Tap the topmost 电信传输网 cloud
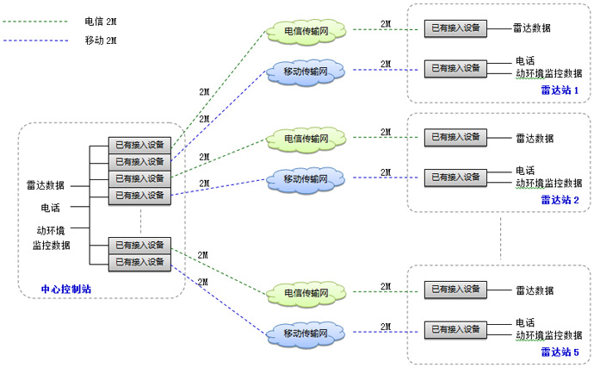[x=306, y=32]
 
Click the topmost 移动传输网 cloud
[x=306, y=69]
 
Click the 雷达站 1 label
[x=560, y=90]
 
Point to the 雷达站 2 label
[x=560, y=199]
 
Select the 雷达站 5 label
[x=560, y=352]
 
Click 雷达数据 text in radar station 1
[x=533, y=28]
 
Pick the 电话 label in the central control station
[x=51, y=207]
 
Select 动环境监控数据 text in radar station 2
[x=548, y=183]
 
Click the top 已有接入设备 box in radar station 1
[x=455, y=28]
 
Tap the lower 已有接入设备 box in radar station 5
[x=455, y=328]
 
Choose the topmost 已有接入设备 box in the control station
[x=139, y=144]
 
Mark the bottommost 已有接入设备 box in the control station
[x=139, y=261]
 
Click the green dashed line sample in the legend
[x=34, y=19]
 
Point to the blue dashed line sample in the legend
[x=34, y=41]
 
